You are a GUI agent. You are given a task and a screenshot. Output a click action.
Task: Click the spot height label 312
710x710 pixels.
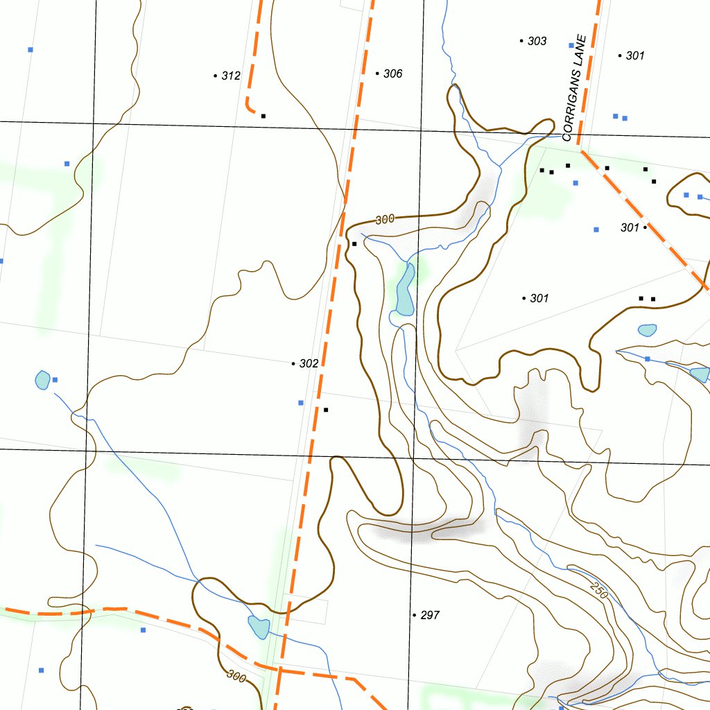point(231,76)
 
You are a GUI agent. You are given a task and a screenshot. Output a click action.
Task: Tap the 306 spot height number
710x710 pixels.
point(392,73)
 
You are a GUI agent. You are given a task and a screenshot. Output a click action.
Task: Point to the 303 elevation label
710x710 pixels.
point(537,41)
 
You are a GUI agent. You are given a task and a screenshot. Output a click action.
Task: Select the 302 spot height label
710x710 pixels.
point(309,363)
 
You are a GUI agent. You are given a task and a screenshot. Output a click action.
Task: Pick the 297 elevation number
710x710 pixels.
point(430,615)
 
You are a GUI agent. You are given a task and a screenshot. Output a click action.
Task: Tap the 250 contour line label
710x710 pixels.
point(599,589)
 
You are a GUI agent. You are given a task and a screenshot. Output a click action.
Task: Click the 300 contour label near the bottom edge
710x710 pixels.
point(236,676)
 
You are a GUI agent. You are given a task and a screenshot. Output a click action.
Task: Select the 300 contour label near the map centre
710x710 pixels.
point(385,219)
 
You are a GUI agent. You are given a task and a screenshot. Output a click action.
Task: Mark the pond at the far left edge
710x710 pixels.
point(42,379)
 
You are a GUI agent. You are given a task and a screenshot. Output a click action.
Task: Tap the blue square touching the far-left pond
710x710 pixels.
point(55,379)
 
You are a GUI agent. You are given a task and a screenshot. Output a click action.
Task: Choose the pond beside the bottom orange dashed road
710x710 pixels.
point(259,627)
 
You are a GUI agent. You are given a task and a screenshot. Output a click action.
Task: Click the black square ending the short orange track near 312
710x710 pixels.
point(263,116)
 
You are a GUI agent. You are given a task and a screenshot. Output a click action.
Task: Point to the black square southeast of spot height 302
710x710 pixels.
point(326,410)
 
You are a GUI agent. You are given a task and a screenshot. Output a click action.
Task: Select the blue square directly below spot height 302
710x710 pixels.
point(300,402)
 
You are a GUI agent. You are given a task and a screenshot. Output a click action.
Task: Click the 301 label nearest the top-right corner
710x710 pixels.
point(635,55)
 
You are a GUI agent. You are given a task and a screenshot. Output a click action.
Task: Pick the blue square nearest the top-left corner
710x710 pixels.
point(31,49)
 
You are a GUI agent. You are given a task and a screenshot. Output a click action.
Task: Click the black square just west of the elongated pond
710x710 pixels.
point(354,244)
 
